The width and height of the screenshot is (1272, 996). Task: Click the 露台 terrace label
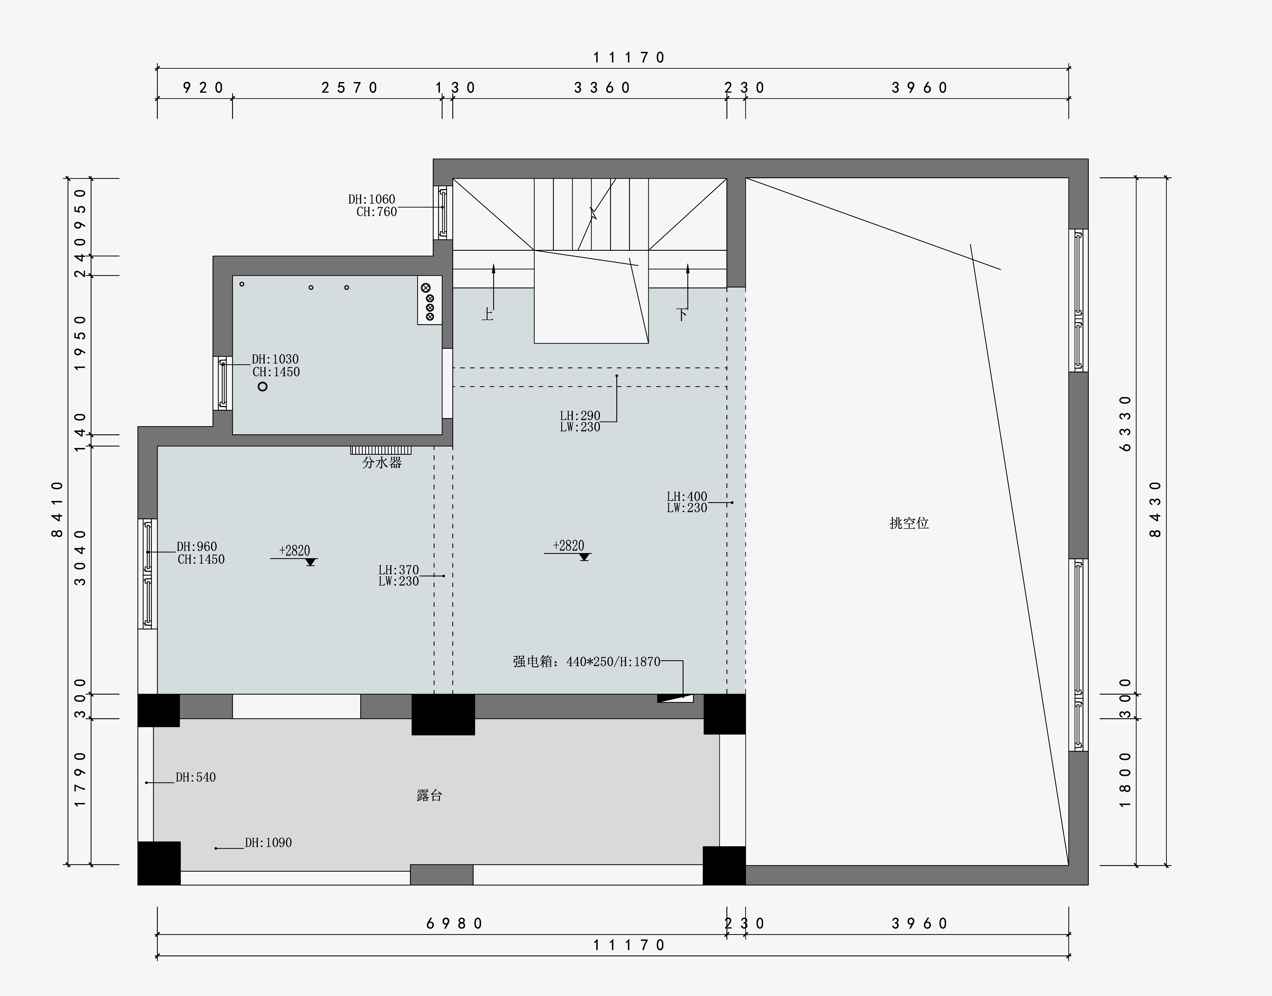(x=430, y=795)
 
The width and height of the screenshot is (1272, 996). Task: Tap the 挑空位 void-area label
(x=909, y=523)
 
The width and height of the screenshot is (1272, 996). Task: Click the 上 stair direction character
(x=487, y=315)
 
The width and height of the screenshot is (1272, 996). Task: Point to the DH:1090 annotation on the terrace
(x=268, y=843)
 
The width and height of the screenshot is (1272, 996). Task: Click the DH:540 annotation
(x=196, y=777)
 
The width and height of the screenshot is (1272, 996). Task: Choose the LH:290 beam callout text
(x=580, y=416)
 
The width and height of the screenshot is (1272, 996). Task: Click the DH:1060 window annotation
(x=372, y=200)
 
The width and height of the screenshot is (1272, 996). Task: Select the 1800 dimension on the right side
(x=1125, y=780)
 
